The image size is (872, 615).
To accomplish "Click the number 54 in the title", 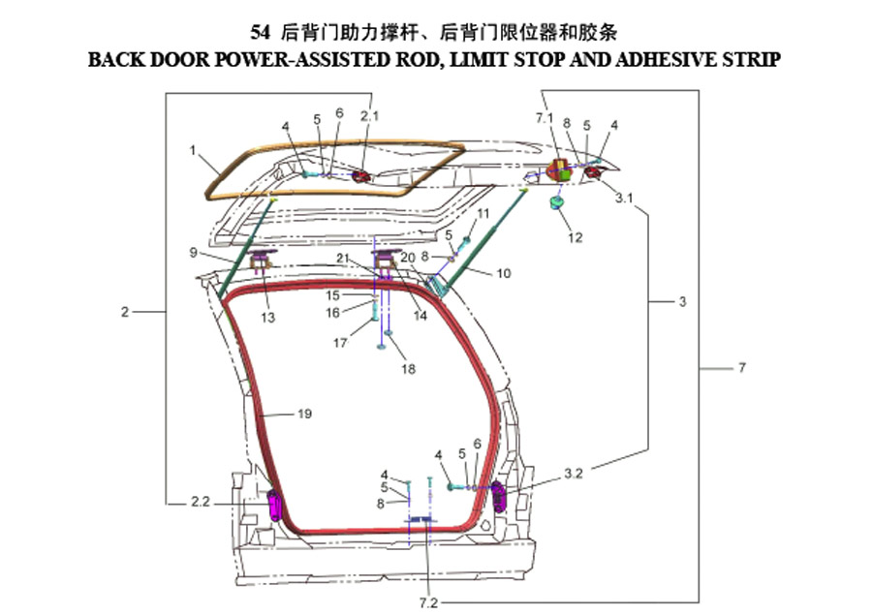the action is point(260,32).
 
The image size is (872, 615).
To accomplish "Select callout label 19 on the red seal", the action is point(304,414).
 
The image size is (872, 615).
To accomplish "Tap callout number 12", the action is point(575,238).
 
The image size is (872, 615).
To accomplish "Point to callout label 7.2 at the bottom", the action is point(429,602).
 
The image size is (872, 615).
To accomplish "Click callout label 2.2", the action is point(201,502).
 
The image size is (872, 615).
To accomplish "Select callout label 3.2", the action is point(574,474).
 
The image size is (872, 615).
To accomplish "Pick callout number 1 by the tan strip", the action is point(193,150).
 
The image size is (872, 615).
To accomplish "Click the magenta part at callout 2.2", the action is point(275,505).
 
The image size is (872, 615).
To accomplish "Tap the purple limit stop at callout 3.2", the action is point(498,496).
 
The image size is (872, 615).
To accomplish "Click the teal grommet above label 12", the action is point(556,201).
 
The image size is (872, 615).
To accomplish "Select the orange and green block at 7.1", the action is point(559,169).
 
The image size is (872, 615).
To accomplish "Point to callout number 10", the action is point(503,273).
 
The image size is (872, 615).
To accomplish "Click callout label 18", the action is point(408,369).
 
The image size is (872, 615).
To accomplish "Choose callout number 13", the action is point(268,318).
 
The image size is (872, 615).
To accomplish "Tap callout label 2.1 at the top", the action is point(369,115).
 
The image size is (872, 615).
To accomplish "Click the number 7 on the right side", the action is point(742,368).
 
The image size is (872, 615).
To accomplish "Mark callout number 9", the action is point(194,253).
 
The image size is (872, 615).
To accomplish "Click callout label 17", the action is point(340,343).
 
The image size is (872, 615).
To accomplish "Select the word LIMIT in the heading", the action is point(479,59).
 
